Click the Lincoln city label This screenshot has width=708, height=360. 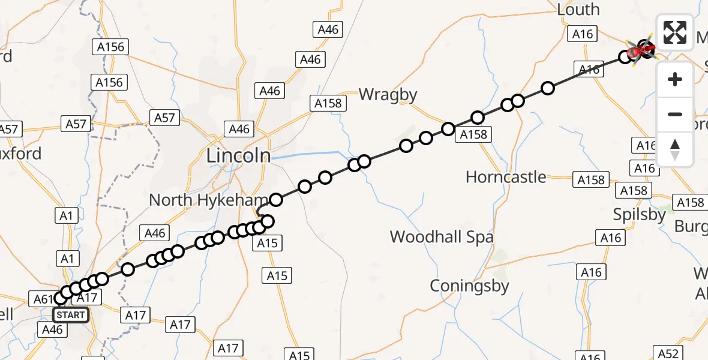pyautogui.click(x=238, y=156)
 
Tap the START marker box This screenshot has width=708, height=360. pyautogui.click(x=71, y=314)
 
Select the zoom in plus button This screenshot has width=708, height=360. pyautogui.click(x=675, y=79)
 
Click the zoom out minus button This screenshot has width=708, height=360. pyautogui.click(x=675, y=114)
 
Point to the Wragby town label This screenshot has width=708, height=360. pyautogui.click(x=388, y=94)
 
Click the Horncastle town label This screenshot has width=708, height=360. pyautogui.click(x=506, y=177)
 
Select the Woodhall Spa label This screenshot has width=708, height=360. pyautogui.click(x=442, y=237)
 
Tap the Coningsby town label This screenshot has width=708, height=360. pyautogui.click(x=469, y=286)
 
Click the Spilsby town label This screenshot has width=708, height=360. pyautogui.click(x=640, y=214)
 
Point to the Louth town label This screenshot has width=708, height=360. pyautogui.click(x=578, y=10)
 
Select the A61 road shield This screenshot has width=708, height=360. pyautogui.click(x=42, y=298)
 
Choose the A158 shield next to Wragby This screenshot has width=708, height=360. pyautogui.click(x=328, y=103)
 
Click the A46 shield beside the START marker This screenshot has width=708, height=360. pyautogui.click(x=52, y=329)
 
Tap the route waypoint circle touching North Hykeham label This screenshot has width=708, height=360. pyautogui.click(x=276, y=200)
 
